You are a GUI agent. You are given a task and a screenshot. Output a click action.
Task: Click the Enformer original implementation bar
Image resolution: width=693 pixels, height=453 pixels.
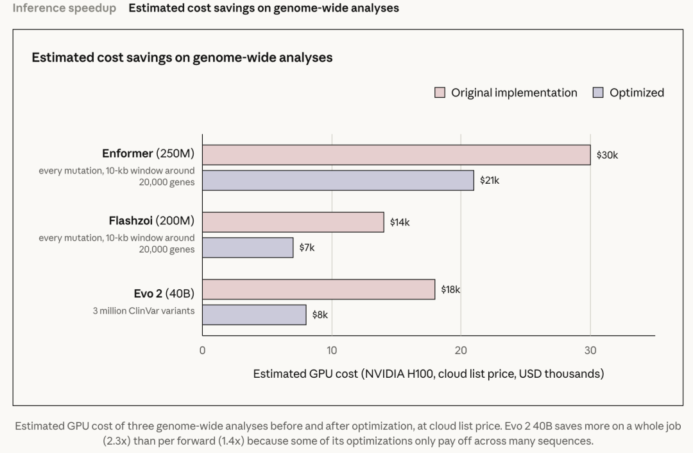coord(397,155)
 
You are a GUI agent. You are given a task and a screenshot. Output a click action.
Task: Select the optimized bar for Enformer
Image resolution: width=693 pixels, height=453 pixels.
coord(338,181)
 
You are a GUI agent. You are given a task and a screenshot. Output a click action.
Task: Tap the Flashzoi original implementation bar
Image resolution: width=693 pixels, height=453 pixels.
coord(293,222)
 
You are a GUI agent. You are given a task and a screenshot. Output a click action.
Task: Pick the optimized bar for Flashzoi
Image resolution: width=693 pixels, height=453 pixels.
coord(248,247)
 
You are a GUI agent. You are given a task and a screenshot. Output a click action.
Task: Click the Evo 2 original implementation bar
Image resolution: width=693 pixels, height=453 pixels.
coord(319,289)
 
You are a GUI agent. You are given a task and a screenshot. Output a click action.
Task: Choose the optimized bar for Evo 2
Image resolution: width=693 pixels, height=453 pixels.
coord(254,315)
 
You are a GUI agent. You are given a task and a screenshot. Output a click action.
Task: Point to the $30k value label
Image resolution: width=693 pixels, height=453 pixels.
coord(607,155)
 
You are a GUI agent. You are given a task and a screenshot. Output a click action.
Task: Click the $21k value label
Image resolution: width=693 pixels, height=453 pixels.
coord(490,181)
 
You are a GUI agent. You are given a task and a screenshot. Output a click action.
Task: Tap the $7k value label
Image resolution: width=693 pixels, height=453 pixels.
coord(307,247)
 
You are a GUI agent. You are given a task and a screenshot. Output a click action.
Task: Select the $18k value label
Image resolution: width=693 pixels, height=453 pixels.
coord(450,289)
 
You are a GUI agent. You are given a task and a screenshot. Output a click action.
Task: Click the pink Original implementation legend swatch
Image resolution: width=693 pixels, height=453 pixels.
coord(440,93)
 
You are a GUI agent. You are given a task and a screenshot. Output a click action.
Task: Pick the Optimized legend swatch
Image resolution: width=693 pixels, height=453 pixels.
coord(598,93)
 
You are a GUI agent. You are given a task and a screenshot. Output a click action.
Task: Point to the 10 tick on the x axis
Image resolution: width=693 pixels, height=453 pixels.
coord(332,350)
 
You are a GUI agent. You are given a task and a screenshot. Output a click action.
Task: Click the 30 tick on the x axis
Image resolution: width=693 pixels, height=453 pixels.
coord(590,350)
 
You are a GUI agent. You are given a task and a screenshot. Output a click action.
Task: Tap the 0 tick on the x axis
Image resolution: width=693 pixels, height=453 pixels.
coord(202,350)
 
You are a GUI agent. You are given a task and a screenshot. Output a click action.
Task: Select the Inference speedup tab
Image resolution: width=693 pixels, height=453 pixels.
coord(65,8)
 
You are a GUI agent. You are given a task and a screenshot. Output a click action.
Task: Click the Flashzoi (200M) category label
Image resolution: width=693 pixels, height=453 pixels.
coord(151,220)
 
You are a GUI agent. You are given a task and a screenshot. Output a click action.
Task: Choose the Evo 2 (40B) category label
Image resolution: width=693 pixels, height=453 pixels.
coord(164,293)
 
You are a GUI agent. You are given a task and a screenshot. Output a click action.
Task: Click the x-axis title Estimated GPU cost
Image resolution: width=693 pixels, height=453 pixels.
coord(428,374)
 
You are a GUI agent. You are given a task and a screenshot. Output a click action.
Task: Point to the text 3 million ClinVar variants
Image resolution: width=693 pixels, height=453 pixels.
coord(144,310)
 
